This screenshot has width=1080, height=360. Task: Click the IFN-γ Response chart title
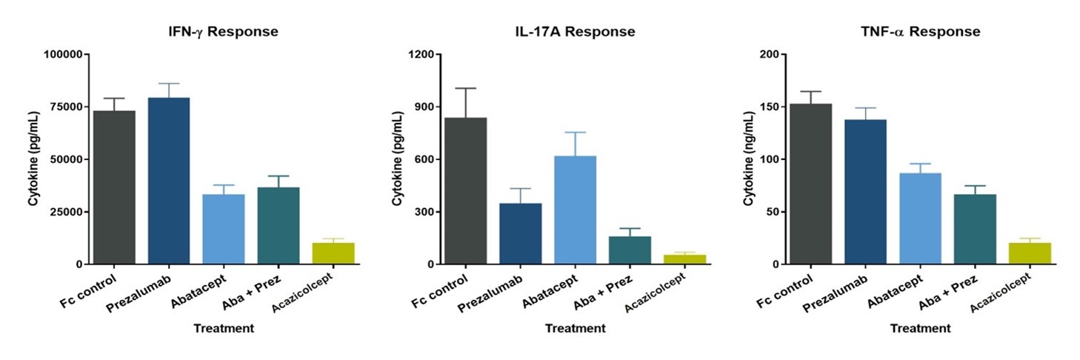[x=222, y=32]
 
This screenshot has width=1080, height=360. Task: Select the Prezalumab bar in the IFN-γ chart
[x=169, y=181]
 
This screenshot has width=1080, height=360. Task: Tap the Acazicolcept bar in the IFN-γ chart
[x=333, y=253]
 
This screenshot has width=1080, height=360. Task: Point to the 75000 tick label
[x=64, y=107]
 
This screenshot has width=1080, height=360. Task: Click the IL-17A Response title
[x=575, y=32]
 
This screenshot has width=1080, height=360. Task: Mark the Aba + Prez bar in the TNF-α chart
[x=975, y=229]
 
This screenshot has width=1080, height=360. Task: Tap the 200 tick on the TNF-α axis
[x=773, y=54]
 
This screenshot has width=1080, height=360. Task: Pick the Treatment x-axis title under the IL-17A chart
[x=575, y=327]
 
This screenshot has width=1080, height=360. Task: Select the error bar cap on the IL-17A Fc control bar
[x=465, y=88]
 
